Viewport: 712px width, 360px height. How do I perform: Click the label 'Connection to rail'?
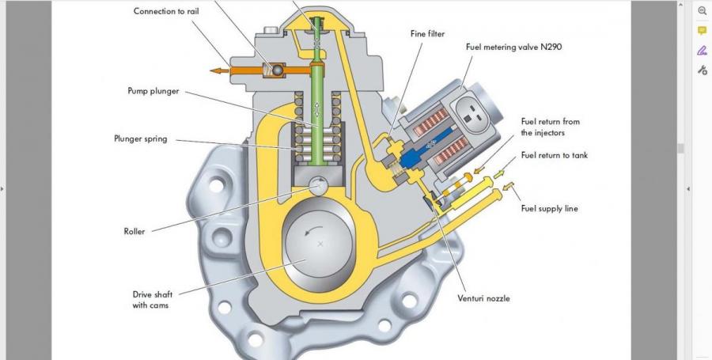(x=166, y=11)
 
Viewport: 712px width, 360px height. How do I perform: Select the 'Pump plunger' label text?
(x=153, y=91)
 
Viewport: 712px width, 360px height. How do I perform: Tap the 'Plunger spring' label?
(x=140, y=139)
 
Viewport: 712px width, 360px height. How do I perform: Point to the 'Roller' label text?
(x=134, y=232)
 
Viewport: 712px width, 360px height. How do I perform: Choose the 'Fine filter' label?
(x=427, y=34)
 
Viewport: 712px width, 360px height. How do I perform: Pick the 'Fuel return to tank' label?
(x=554, y=155)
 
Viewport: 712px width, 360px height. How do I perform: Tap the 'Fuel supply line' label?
(x=549, y=209)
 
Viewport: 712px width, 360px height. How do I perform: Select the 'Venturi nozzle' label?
(x=483, y=298)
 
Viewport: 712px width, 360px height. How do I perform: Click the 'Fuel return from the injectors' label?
(x=550, y=127)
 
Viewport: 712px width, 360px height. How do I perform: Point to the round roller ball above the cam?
(x=320, y=186)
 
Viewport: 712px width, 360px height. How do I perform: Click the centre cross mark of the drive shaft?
(x=320, y=244)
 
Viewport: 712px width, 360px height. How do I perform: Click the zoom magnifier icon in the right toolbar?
(x=702, y=11)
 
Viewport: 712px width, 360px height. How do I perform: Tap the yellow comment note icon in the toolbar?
(x=702, y=31)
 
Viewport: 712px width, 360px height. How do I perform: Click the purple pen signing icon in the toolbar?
(x=702, y=51)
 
